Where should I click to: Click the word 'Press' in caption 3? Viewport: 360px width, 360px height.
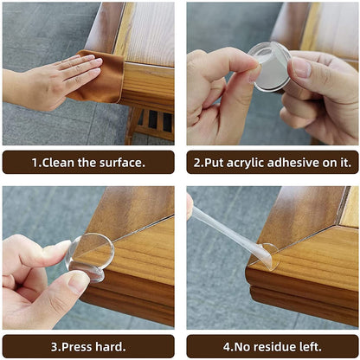[x=77, y=347]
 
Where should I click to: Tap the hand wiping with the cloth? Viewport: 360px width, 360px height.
[x=52, y=82]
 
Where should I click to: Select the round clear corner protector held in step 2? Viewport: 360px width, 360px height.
[x=269, y=67]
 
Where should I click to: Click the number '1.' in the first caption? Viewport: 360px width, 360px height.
[x=36, y=163]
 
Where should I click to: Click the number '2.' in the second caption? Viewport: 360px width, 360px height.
[x=198, y=163]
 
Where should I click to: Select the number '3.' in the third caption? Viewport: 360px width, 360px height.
[x=55, y=347]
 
